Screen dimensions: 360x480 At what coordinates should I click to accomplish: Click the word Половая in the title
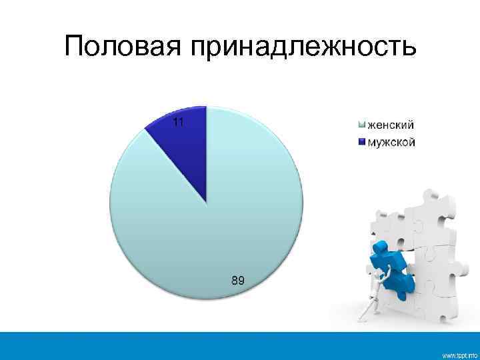click(x=124, y=46)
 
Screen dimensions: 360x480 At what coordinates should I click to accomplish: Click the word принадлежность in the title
click(x=303, y=47)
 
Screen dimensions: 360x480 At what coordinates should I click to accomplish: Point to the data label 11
click(x=178, y=122)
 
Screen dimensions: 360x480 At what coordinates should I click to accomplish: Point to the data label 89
click(x=237, y=281)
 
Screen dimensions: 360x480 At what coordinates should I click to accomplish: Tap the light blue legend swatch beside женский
click(x=361, y=125)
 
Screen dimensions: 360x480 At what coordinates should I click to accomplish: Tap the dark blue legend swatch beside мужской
click(x=361, y=141)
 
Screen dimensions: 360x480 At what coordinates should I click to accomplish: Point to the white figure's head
click(x=385, y=273)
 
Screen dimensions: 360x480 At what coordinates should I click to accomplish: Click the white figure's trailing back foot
click(x=363, y=316)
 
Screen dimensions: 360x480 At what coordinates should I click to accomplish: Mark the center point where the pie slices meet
click(x=206, y=201)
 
